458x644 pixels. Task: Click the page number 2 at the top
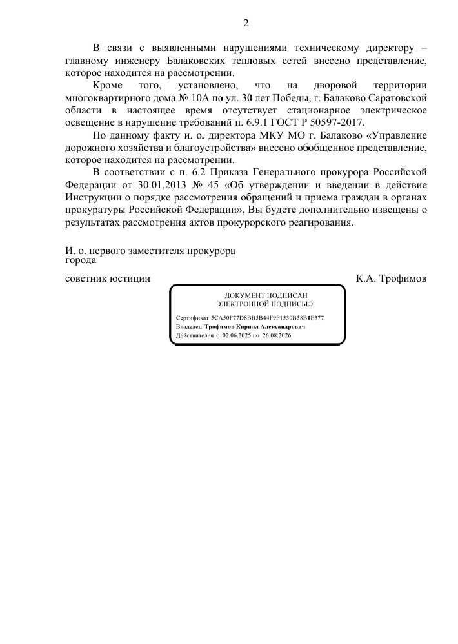245,24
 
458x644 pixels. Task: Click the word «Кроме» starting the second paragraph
107,86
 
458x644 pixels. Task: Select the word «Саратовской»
392,98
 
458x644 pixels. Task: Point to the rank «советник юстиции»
108,279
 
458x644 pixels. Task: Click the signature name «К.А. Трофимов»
391,279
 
